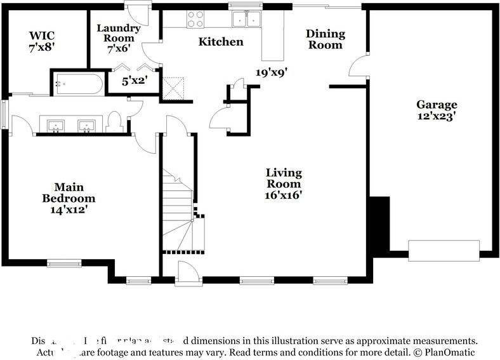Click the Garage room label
(x=437, y=105)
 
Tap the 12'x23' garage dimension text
(x=437, y=116)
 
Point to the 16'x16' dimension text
(x=284, y=195)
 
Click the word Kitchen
(x=221, y=42)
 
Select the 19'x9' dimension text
(x=272, y=72)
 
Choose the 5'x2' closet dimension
(x=135, y=81)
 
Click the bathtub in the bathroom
(x=79, y=83)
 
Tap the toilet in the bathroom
(x=115, y=122)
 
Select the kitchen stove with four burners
(x=195, y=19)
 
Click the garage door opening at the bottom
(x=444, y=250)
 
